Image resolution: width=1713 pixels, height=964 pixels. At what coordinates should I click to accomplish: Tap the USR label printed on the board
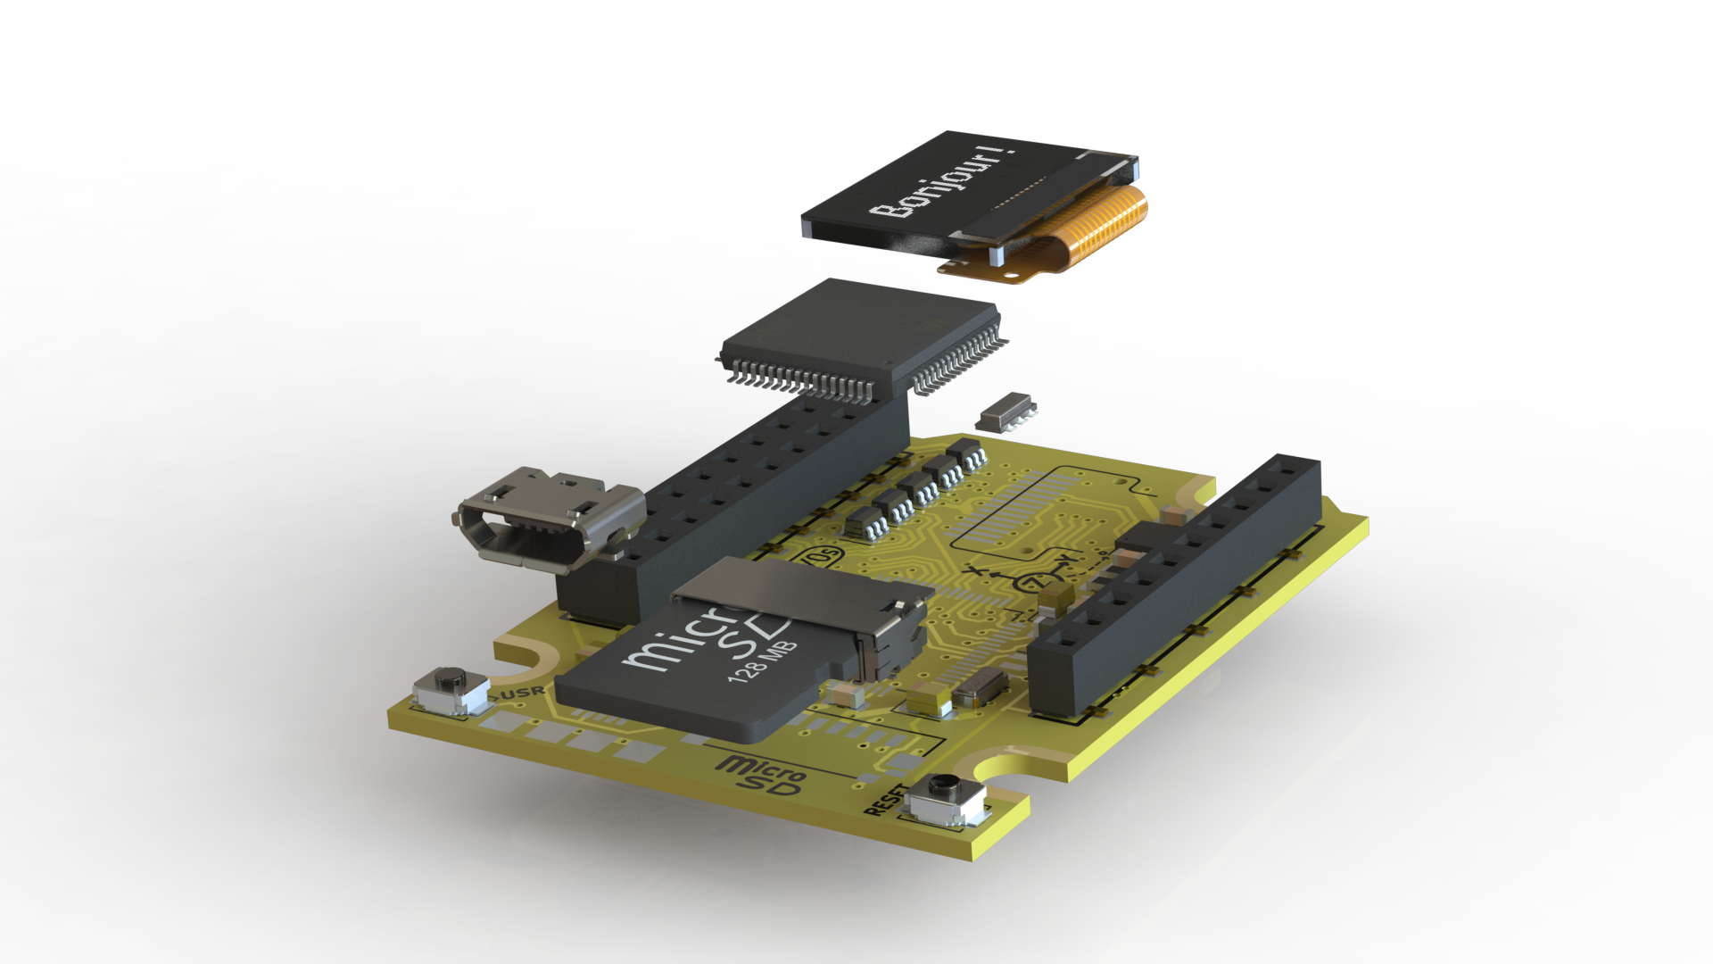pyautogui.click(x=523, y=692)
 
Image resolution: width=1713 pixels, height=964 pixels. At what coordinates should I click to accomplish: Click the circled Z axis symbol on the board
pyautogui.click(x=1034, y=582)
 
